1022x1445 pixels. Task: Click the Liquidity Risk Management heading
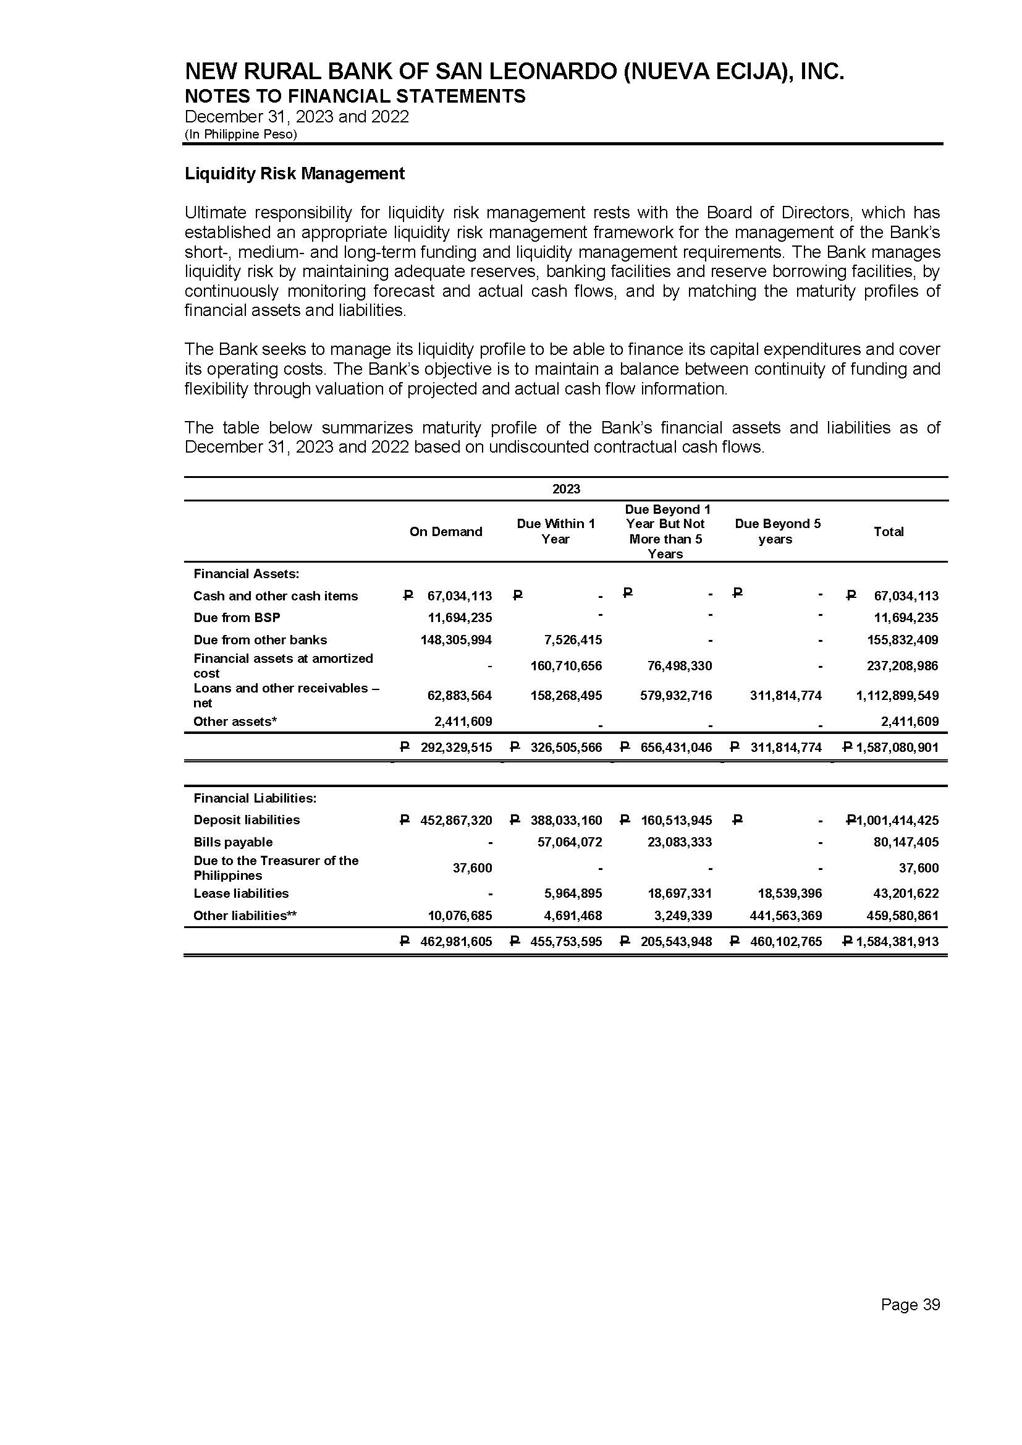coord(295,174)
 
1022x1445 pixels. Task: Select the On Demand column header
coord(446,531)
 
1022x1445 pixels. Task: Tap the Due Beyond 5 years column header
coord(777,531)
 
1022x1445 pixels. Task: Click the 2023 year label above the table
coord(566,489)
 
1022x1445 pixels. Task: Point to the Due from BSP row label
coord(237,618)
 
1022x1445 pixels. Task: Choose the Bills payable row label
coord(233,842)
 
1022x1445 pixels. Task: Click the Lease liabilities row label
coord(241,893)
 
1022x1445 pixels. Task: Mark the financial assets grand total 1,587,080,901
coord(897,748)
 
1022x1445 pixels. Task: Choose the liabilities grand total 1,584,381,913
coord(897,942)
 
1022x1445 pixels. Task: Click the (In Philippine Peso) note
coord(240,134)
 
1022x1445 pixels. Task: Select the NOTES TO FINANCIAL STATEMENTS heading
coord(355,96)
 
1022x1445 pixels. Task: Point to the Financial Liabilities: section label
coord(255,798)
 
